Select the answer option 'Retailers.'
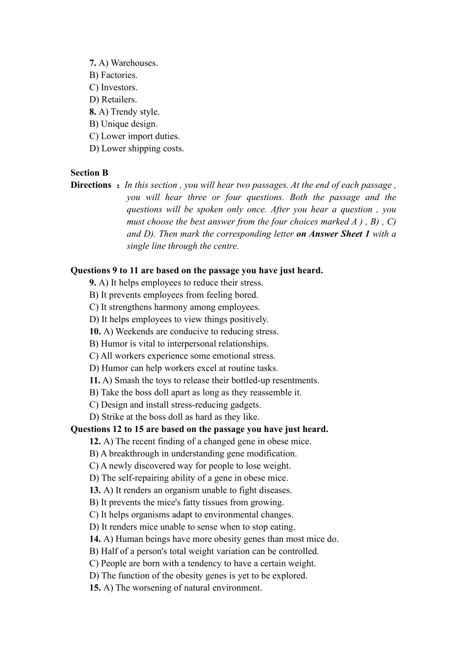113,100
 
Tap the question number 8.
92,112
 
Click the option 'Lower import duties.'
134,136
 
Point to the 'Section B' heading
89,173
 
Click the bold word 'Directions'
91,185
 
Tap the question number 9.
92,282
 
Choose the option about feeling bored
174,295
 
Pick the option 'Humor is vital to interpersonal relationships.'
179,344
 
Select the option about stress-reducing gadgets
175,405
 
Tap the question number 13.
95,490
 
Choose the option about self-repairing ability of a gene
189,478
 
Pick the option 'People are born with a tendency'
203,563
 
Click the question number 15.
95,588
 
